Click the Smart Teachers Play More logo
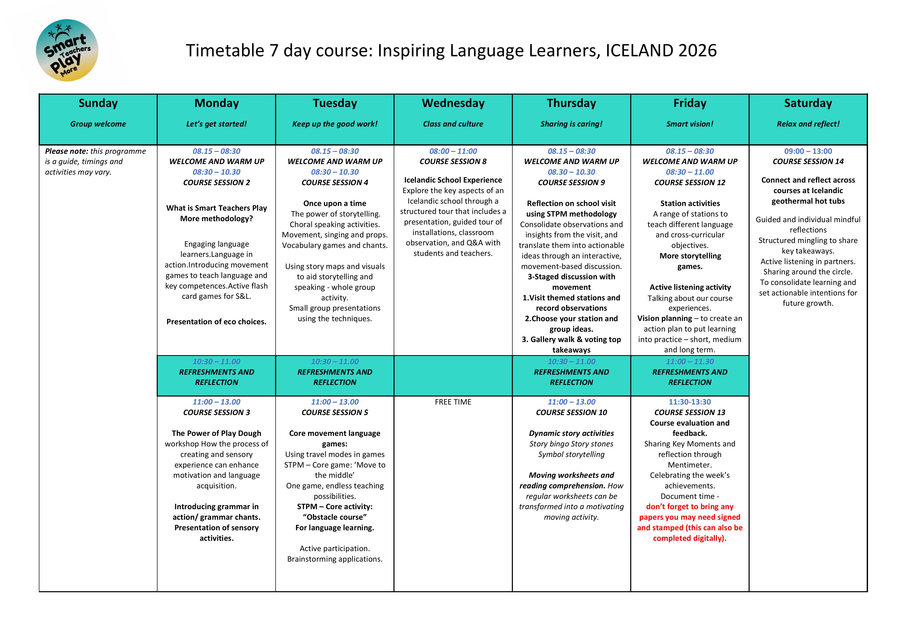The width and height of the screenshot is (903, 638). [x=67, y=50]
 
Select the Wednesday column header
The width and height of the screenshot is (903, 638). [x=453, y=103]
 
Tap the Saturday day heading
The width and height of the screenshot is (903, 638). [x=808, y=103]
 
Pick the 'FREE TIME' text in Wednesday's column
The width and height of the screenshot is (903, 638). [x=453, y=402]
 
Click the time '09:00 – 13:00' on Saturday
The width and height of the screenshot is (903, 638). [x=808, y=151]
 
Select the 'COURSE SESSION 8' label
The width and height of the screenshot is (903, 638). [x=453, y=161]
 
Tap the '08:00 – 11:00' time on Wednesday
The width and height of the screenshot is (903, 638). [x=453, y=151]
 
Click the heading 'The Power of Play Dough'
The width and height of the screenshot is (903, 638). [x=216, y=433]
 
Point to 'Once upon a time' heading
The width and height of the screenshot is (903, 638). [x=335, y=203]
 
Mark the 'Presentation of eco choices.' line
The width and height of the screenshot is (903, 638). [x=216, y=321]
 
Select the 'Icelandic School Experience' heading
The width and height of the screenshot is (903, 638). [x=453, y=180]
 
